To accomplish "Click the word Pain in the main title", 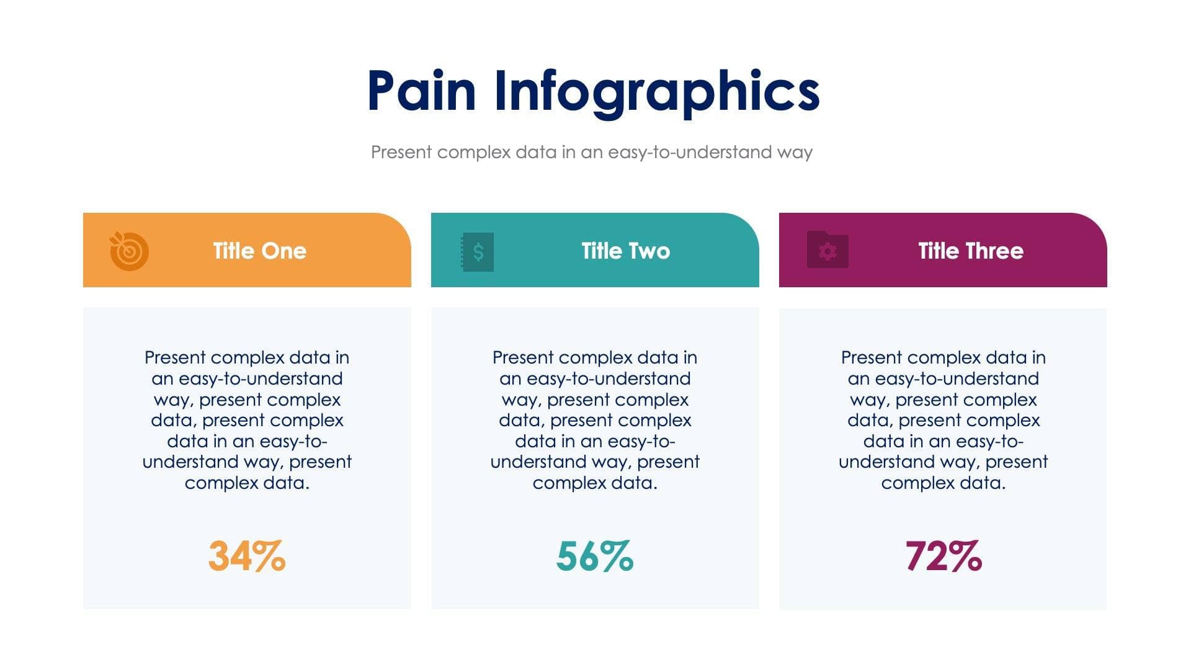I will point(421,91).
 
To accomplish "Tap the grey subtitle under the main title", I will point(592,152).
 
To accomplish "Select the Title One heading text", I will point(259,251).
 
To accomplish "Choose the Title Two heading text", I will point(625,251).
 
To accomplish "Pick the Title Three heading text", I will point(971,251).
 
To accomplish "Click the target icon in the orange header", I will point(129,251).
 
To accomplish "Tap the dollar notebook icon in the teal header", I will point(477,251).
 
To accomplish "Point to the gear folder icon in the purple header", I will point(827,250).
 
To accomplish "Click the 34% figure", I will point(247,556).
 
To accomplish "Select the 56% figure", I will point(595,556).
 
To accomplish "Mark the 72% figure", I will point(943,556).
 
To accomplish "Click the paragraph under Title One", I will point(247,420).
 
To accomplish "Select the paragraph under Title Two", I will point(595,420).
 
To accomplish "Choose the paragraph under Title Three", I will point(943,420).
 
